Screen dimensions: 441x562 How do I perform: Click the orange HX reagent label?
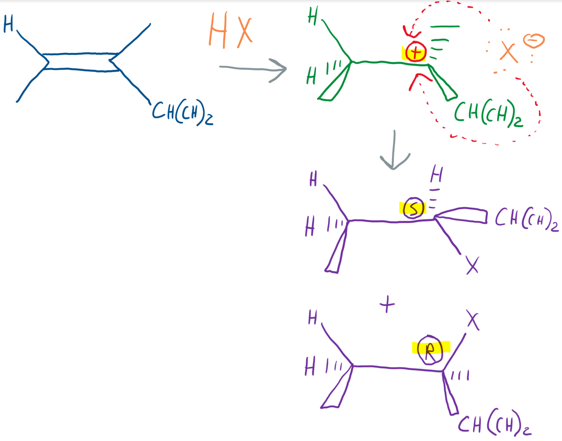coord(230,31)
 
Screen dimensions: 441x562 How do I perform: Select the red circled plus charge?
coord(416,52)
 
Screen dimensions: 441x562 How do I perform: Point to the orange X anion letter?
coord(508,52)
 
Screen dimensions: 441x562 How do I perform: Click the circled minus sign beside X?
coord(534,40)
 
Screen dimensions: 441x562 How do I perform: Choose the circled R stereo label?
coord(430,349)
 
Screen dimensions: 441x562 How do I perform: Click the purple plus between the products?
coord(387,304)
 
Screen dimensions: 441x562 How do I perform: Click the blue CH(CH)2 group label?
coord(182,112)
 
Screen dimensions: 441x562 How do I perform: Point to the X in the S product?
coord(472,266)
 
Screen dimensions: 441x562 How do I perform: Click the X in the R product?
coord(473,321)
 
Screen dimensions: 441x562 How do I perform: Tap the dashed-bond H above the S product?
coord(437,174)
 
